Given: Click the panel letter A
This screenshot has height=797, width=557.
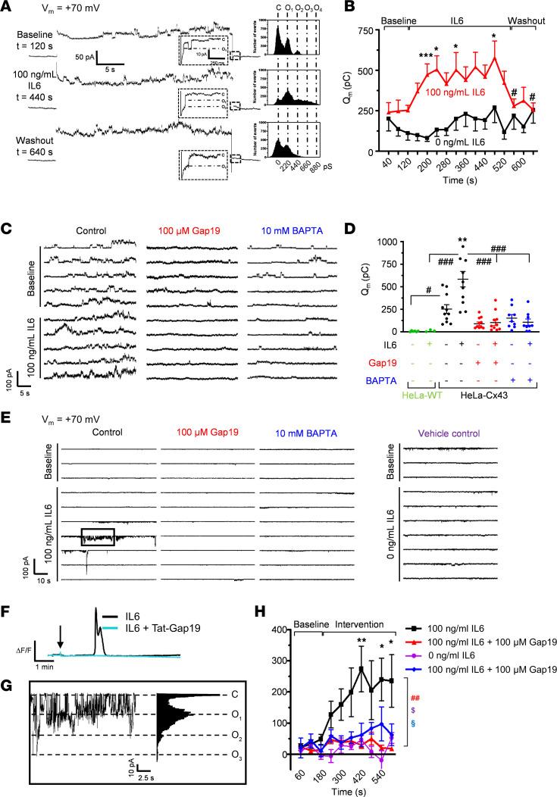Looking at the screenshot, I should tap(7, 8).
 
